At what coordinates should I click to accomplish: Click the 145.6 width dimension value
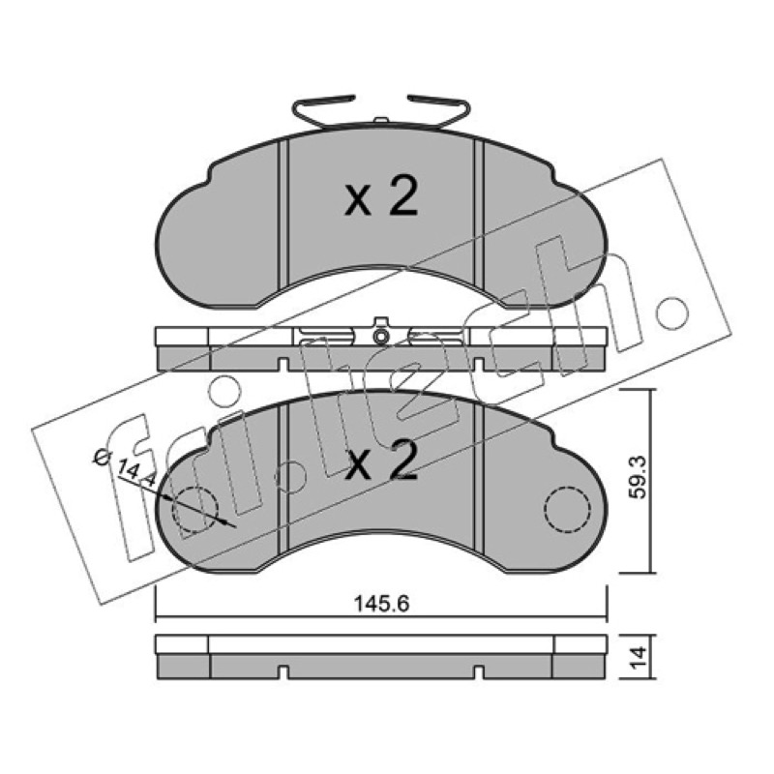[x=381, y=604]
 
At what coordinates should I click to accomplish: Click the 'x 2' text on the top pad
[x=381, y=198]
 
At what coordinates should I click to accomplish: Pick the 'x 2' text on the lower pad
[x=381, y=461]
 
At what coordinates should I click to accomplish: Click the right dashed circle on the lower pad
[x=567, y=509]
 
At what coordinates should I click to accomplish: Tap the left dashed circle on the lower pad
[x=195, y=509]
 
